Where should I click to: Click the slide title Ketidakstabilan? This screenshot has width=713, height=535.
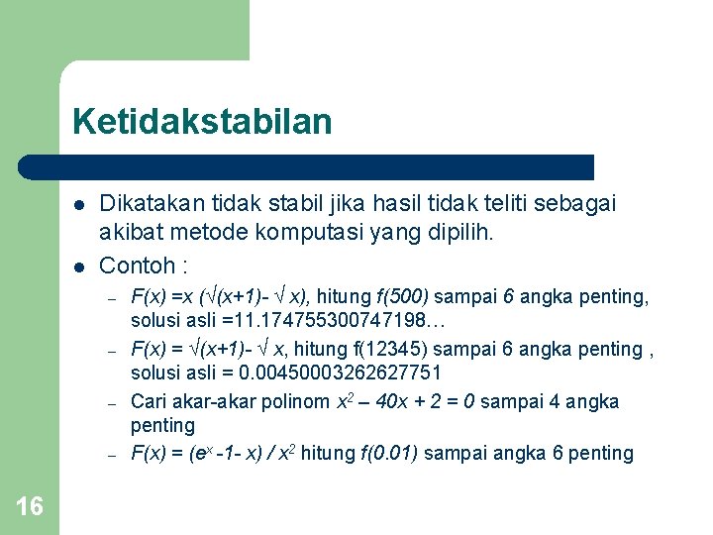202,123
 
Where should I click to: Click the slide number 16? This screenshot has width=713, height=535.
30,507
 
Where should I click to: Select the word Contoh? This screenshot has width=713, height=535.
138,266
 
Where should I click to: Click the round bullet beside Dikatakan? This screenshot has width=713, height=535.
78,205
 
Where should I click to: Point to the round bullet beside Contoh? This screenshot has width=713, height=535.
78,266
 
